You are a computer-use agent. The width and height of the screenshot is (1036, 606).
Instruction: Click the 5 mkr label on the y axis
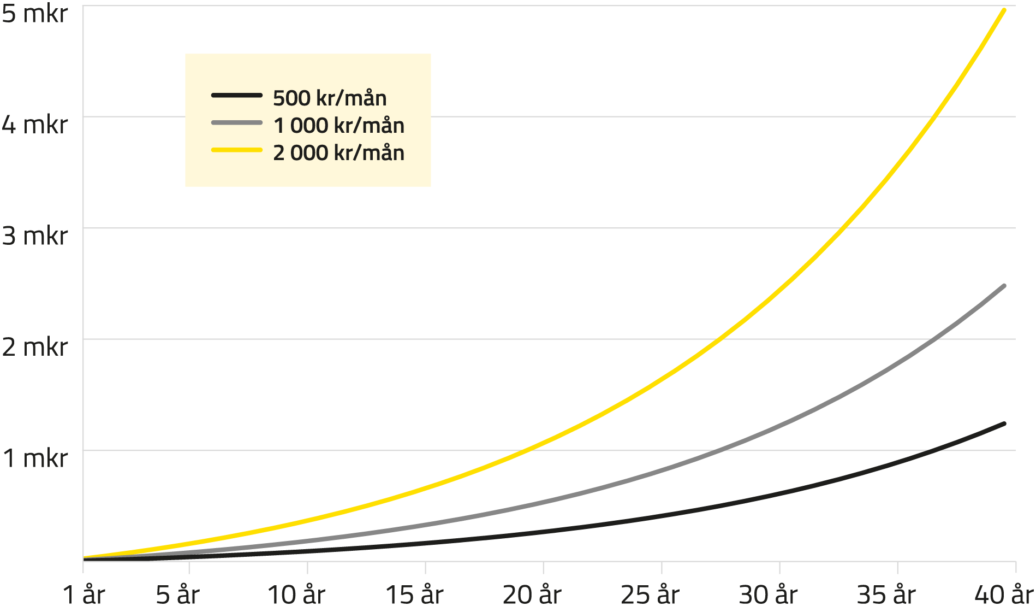click(x=34, y=14)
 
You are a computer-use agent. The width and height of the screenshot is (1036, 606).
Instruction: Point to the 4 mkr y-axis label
click(x=34, y=125)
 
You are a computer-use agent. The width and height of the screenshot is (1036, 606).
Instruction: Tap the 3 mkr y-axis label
click(x=34, y=236)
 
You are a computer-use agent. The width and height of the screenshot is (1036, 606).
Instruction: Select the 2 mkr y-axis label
click(x=34, y=347)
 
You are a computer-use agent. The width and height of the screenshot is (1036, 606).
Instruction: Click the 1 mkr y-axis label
click(x=34, y=458)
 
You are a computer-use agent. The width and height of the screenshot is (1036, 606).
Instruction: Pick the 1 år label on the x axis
click(x=84, y=594)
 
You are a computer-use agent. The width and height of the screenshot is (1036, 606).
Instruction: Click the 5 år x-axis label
click(x=178, y=594)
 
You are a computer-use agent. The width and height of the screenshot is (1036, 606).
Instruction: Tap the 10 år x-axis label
click(x=296, y=594)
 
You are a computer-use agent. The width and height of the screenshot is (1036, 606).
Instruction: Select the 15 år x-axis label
click(x=414, y=594)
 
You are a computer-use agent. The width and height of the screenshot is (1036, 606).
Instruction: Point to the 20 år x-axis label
click(x=532, y=594)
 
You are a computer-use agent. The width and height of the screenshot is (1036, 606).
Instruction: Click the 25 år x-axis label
click(x=650, y=594)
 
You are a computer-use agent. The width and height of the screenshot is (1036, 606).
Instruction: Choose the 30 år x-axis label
click(x=769, y=594)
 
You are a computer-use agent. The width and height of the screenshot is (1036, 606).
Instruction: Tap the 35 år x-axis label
click(x=886, y=594)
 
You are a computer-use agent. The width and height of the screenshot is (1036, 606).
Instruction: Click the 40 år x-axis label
click(x=1004, y=594)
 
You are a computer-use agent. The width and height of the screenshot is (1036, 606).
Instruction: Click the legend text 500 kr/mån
click(x=330, y=98)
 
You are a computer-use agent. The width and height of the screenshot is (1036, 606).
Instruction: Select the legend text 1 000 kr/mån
click(x=339, y=126)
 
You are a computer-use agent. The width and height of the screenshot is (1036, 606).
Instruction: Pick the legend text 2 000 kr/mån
click(x=339, y=153)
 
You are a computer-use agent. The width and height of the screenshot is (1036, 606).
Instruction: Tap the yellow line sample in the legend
click(x=237, y=150)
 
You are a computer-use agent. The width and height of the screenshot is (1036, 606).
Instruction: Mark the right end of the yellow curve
click(x=1004, y=10)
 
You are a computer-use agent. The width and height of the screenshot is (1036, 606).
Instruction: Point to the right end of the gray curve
click(x=1004, y=286)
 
